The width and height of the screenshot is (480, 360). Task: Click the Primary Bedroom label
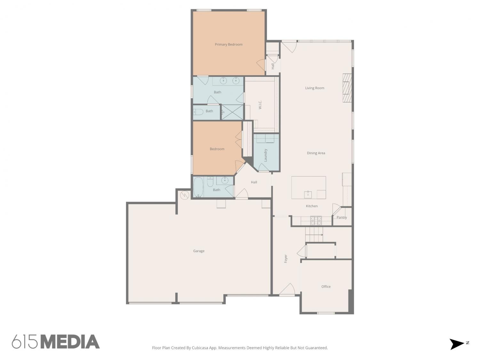(228, 44)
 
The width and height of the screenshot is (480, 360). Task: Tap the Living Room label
(315, 88)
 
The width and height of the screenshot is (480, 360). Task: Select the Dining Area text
(316, 153)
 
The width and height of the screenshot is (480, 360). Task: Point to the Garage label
(199, 251)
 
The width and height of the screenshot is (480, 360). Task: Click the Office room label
(326, 286)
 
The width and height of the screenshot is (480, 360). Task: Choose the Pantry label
(341, 217)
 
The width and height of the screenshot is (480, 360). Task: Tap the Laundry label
(266, 155)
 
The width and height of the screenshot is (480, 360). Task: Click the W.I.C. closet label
(260, 105)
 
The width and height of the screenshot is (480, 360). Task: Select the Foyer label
(285, 259)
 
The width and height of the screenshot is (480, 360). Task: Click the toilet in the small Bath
(198, 112)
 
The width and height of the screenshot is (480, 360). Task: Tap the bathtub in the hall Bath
(198, 187)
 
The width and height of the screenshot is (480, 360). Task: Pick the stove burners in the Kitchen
(316, 220)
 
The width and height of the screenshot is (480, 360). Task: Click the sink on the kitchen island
(308, 194)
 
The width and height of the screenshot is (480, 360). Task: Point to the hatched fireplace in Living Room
(347, 88)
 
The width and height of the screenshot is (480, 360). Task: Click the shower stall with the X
(232, 112)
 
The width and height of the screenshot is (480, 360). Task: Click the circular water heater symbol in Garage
(185, 195)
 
